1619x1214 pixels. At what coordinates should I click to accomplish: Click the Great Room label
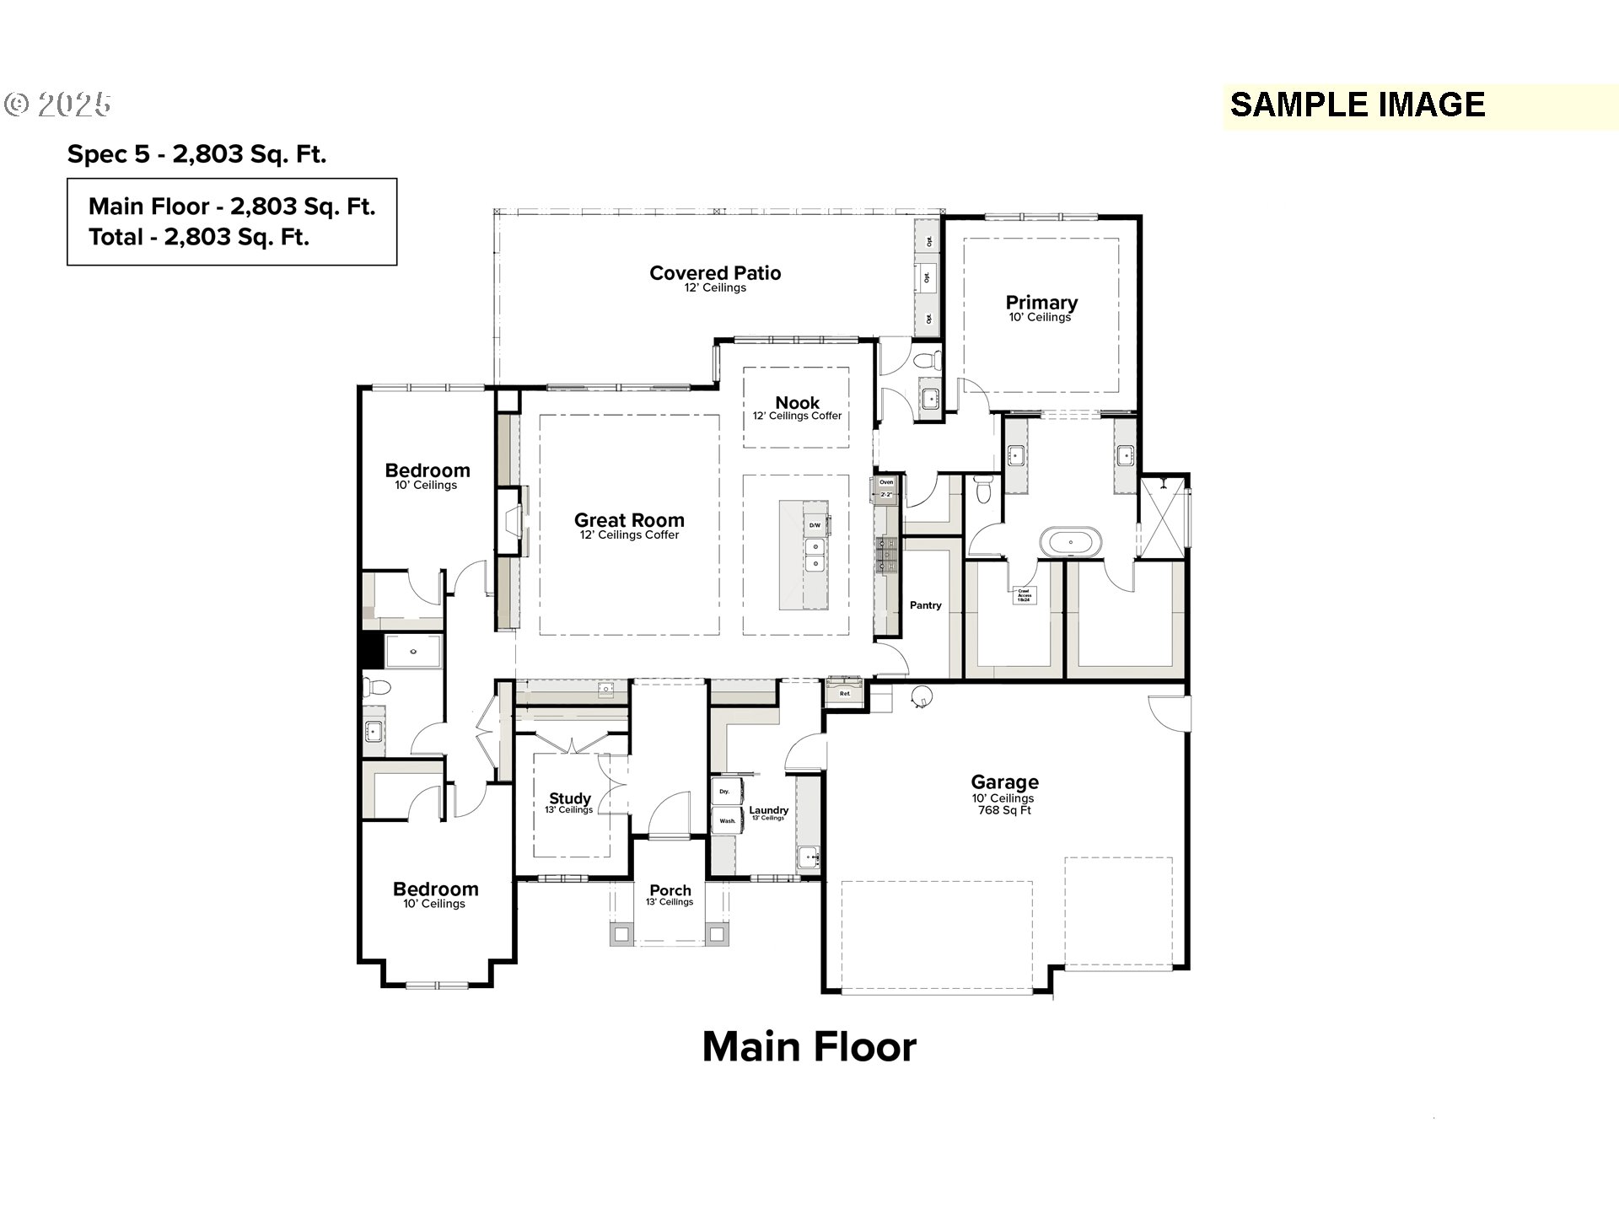[629, 520]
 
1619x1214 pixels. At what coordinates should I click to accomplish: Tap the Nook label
[797, 403]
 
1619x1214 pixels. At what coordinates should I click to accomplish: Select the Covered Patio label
[715, 273]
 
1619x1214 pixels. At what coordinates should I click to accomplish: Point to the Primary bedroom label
[1041, 303]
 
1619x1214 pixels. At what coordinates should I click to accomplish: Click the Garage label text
[1004, 782]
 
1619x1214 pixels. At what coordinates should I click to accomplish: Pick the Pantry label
[925, 605]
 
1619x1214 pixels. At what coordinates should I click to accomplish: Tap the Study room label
[570, 798]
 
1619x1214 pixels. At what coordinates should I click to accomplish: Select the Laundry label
[768, 810]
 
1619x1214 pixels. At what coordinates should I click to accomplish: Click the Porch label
[670, 890]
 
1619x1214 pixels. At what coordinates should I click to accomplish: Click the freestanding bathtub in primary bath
[1069, 541]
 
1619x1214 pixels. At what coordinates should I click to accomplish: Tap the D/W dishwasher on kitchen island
[815, 525]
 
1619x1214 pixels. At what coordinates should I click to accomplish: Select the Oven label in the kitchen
[886, 482]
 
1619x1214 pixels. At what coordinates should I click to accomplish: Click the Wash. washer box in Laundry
[727, 820]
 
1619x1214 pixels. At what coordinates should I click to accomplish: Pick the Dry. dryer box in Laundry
[725, 792]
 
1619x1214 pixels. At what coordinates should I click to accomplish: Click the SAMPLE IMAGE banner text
[1357, 105]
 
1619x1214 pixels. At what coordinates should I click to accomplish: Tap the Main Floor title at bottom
[809, 1047]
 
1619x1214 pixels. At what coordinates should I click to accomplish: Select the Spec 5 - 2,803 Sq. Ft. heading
[196, 154]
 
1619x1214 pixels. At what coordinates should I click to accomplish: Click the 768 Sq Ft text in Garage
[1003, 811]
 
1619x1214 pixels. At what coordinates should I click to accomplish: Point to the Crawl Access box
[1024, 595]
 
